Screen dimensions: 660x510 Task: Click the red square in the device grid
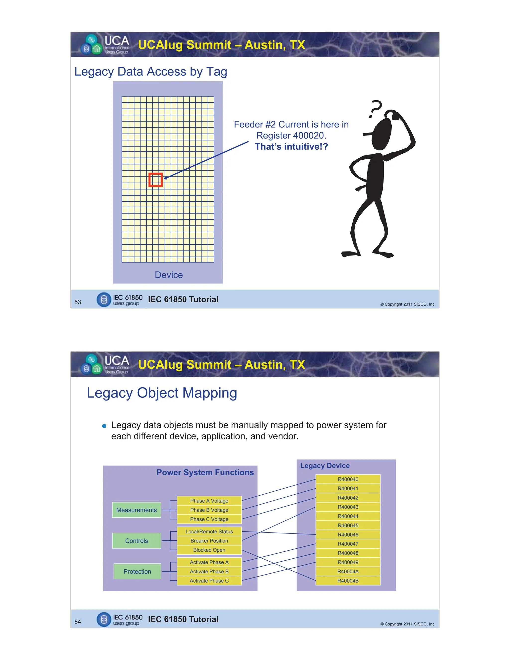[x=156, y=180]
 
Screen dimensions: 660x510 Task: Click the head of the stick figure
[x=382, y=134]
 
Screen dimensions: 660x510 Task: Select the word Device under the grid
[x=169, y=275]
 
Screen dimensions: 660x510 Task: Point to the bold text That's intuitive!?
[x=291, y=146]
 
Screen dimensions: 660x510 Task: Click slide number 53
[x=78, y=302]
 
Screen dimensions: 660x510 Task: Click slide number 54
[x=78, y=622]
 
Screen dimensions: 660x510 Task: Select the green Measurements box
[x=136, y=510]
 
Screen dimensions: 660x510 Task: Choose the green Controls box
[x=136, y=541]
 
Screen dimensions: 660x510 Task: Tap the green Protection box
[x=137, y=571]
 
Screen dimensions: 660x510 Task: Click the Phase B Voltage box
[x=209, y=510]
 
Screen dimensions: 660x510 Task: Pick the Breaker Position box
[x=209, y=541]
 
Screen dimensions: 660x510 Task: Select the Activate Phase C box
[x=209, y=581]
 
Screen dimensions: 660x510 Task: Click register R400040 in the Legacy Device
[x=348, y=479]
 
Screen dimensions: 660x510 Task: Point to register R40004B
[x=348, y=581]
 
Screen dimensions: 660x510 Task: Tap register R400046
[x=348, y=534]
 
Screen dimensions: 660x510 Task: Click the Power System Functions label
[x=205, y=472]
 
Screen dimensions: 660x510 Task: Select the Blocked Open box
[x=209, y=550]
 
